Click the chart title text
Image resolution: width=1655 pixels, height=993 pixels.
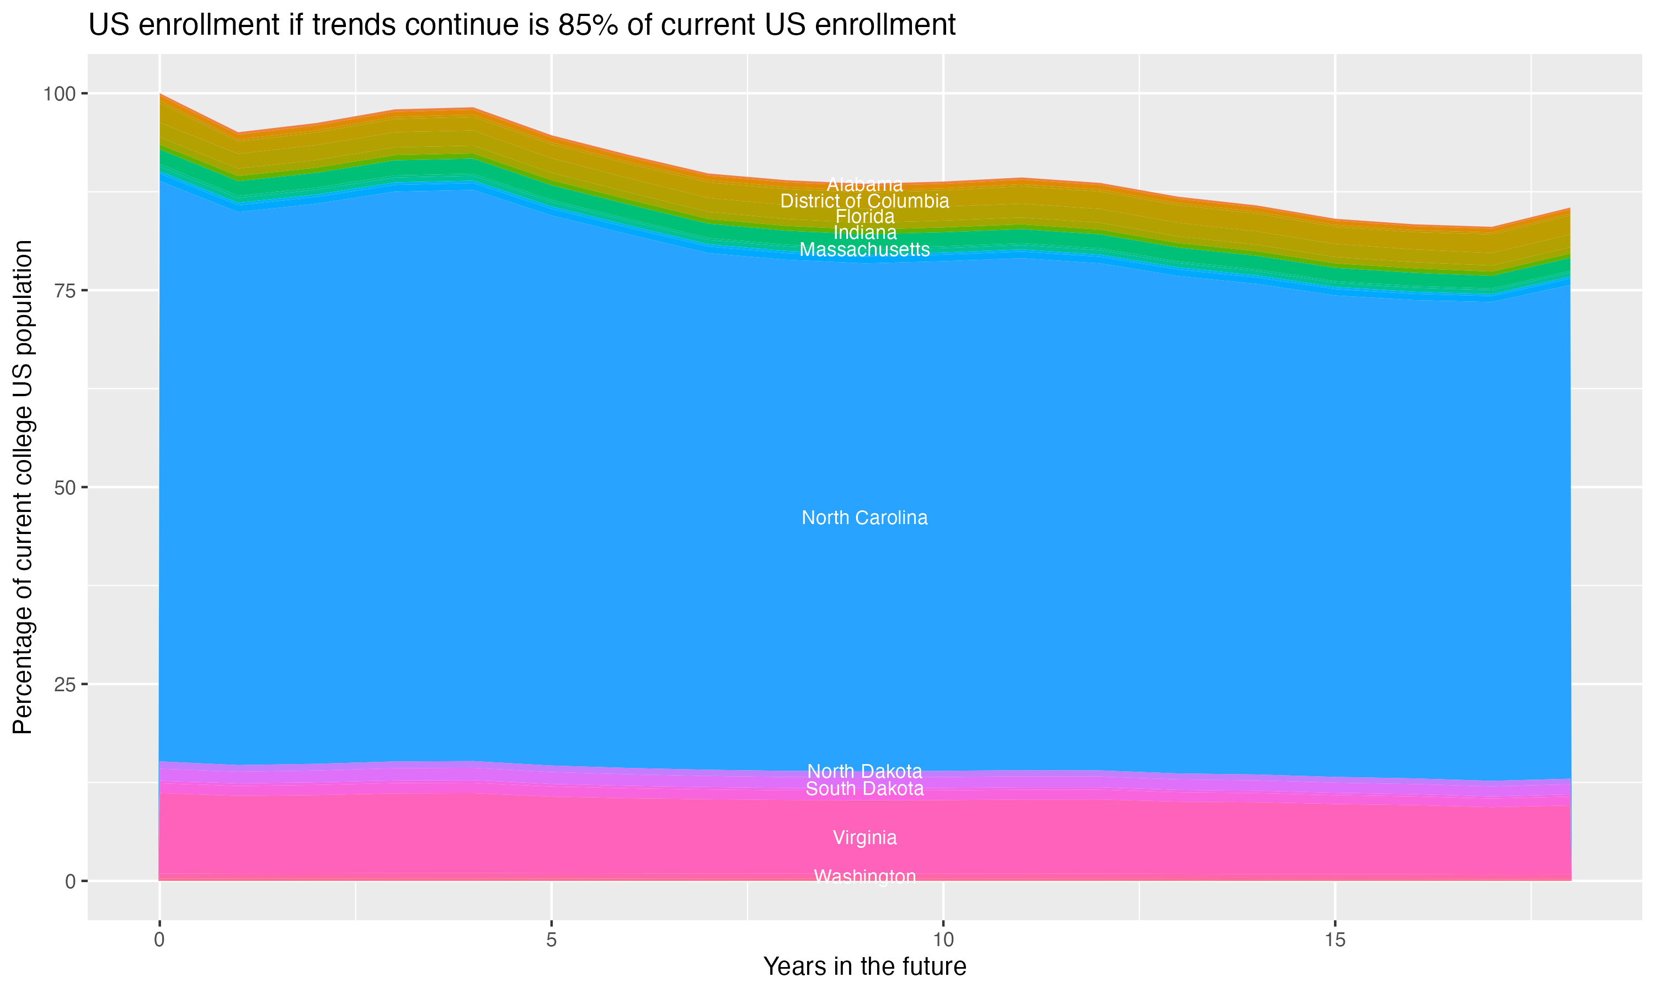(x=522, y=25)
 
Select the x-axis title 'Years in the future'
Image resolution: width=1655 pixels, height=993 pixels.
(x=864, y=966)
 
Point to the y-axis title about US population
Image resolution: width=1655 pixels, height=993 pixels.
(x=23, y=487)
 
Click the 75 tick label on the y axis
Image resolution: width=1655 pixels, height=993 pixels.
(x=66, y=290)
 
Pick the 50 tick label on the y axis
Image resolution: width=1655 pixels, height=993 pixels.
(x=66, y=488)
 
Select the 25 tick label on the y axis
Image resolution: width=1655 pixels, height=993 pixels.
(x=66, y=685)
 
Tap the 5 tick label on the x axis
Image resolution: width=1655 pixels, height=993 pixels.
(x=551, y=940)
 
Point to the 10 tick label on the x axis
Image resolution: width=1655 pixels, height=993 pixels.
(x=943, y=940)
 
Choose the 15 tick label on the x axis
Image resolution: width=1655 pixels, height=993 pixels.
(x=1334, y=940)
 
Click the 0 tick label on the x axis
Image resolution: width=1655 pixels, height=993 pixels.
(x=159, y=940)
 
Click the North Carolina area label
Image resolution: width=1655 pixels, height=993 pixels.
(x=864, y=518)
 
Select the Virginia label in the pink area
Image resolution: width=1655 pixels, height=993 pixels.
(x=864, y=838)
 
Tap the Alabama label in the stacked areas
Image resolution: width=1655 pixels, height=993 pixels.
(x=864, y=185)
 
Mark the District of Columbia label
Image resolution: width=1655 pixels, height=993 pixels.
(x=864, y=201)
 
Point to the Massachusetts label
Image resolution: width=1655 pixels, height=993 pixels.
(x=864, y=249)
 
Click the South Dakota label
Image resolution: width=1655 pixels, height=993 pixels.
(x=864, y=789)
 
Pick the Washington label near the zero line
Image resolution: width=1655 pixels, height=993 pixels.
(x=864, y=877)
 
